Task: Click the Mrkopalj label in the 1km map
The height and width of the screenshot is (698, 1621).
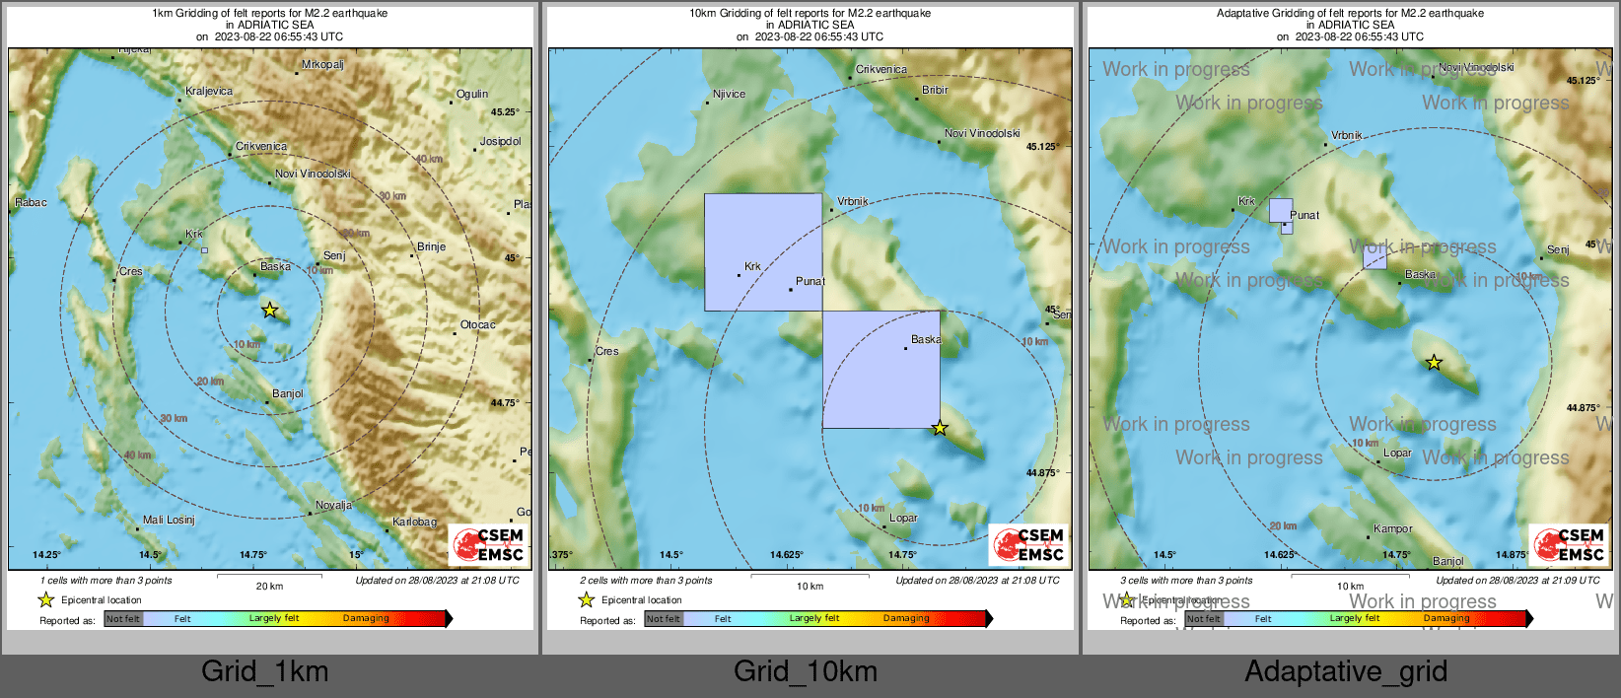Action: tap(322, 65)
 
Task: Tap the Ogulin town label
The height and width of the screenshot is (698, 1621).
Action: tap(472, 95)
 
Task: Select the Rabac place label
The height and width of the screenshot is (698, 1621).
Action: tap(31, 203)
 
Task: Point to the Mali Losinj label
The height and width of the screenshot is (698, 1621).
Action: tap(169, 520)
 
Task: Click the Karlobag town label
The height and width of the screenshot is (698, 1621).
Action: tap(414, 522)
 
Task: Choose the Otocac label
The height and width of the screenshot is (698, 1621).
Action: tap(478, 325)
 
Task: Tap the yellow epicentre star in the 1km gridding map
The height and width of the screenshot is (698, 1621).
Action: tap(269, 311)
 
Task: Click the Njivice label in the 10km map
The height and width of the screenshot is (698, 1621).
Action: tap(730, 95)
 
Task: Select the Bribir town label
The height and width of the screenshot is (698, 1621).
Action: tap(935, 91)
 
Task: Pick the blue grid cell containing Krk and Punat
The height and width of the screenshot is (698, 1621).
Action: tap(763, 251)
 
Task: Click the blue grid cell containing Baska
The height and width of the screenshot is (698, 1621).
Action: tap(881, 370)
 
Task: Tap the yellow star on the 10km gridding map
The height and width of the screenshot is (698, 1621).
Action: tap(940, 428)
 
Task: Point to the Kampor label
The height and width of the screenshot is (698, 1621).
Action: tap(1392, 529)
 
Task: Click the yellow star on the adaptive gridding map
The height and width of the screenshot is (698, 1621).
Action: tap(1434, 363)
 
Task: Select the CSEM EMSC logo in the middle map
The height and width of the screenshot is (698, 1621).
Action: tap(1029, 544)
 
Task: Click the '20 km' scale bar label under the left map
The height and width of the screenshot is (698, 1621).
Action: tap(269, 587)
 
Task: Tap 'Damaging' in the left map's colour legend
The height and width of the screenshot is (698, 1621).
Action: tap(366, 619)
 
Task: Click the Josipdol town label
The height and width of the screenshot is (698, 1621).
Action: tap(500, 142)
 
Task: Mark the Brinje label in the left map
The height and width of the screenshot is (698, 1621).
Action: tap(431, 247)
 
